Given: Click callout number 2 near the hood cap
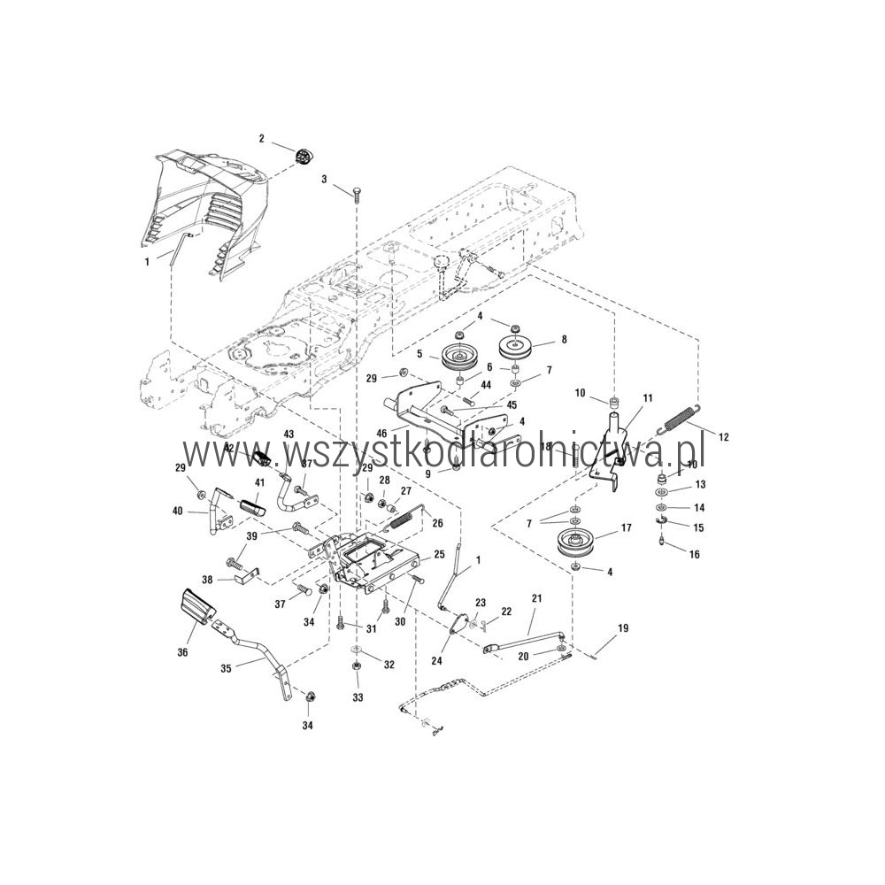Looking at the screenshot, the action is (261, 139).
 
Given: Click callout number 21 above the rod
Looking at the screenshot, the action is (536, 598).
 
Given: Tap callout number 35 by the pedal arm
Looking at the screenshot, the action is (226, 669).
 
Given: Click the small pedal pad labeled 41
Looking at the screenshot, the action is (251, 505).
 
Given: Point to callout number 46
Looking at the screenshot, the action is (382, 434).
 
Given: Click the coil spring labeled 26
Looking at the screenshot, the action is (403, 517).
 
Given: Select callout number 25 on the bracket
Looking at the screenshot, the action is (439, 555).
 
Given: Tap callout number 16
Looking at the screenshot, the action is (694, 554).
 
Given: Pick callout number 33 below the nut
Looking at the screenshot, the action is (358, 697).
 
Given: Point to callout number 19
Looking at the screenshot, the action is (622, 627).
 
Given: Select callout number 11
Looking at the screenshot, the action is (648, 398).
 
